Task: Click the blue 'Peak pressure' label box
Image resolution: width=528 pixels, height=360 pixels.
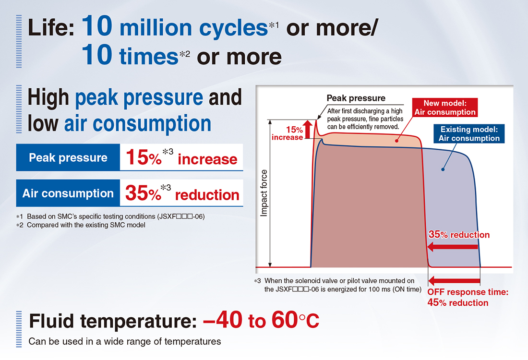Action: [x=68, y=157]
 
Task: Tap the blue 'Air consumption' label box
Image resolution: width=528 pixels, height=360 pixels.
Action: [x=68, y=193]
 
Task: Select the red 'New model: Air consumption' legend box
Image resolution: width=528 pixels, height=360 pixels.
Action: [x=445, y=108]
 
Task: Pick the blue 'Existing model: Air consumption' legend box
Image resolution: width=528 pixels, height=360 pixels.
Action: [x=469, y=134]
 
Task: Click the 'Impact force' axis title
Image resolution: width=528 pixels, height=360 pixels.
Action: [x=264, y=193]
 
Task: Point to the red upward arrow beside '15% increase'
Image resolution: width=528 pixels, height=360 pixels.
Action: [x=307, y=129]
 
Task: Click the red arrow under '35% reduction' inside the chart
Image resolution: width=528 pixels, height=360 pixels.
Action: [x=452, y=247]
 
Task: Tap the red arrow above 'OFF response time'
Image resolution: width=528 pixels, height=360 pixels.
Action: [x=454, y=280]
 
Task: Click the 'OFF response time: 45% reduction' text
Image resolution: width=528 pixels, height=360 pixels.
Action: [x=468, y=298]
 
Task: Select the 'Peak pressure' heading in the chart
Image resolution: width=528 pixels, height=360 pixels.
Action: [x=356, y=98]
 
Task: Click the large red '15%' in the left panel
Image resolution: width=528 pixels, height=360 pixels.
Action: [x=144, y=157]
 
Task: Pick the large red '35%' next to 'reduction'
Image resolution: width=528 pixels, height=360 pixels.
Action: [x=143, y=193]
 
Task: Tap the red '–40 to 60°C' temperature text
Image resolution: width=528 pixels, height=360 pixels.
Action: [x=261, y=320]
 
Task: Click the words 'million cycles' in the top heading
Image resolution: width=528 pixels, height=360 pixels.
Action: [x=193, y=28]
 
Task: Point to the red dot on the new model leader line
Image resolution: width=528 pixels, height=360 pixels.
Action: [x=396, y=141]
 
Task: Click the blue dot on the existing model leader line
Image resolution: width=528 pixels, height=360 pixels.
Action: [x=443, y=169]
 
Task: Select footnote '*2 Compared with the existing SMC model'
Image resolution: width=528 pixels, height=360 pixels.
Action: [x=81, y=225]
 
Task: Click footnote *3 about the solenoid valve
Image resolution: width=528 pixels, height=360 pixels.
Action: [x=338, y=285]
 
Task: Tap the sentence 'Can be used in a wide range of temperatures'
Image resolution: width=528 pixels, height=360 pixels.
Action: [x=125, y=341]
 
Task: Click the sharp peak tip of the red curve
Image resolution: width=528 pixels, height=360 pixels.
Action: [x=316, y=120]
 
